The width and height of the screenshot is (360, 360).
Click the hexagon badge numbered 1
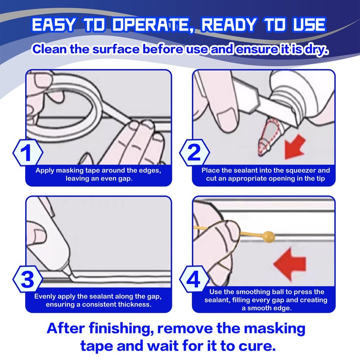[28, 152]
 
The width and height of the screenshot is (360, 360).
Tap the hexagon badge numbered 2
[194, 152]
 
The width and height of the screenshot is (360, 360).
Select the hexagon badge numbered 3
[28, 279]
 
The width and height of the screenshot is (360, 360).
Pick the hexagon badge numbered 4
[194, 279]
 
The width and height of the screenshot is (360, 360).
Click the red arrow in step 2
[294, 147]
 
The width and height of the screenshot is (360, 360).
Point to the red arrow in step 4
[290, 264]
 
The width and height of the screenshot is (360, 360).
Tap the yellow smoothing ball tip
[269, 237]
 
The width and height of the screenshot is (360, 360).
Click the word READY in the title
[229, 25]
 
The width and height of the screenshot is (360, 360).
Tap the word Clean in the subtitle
[49, 49]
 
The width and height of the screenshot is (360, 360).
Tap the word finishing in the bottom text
[121, 328]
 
